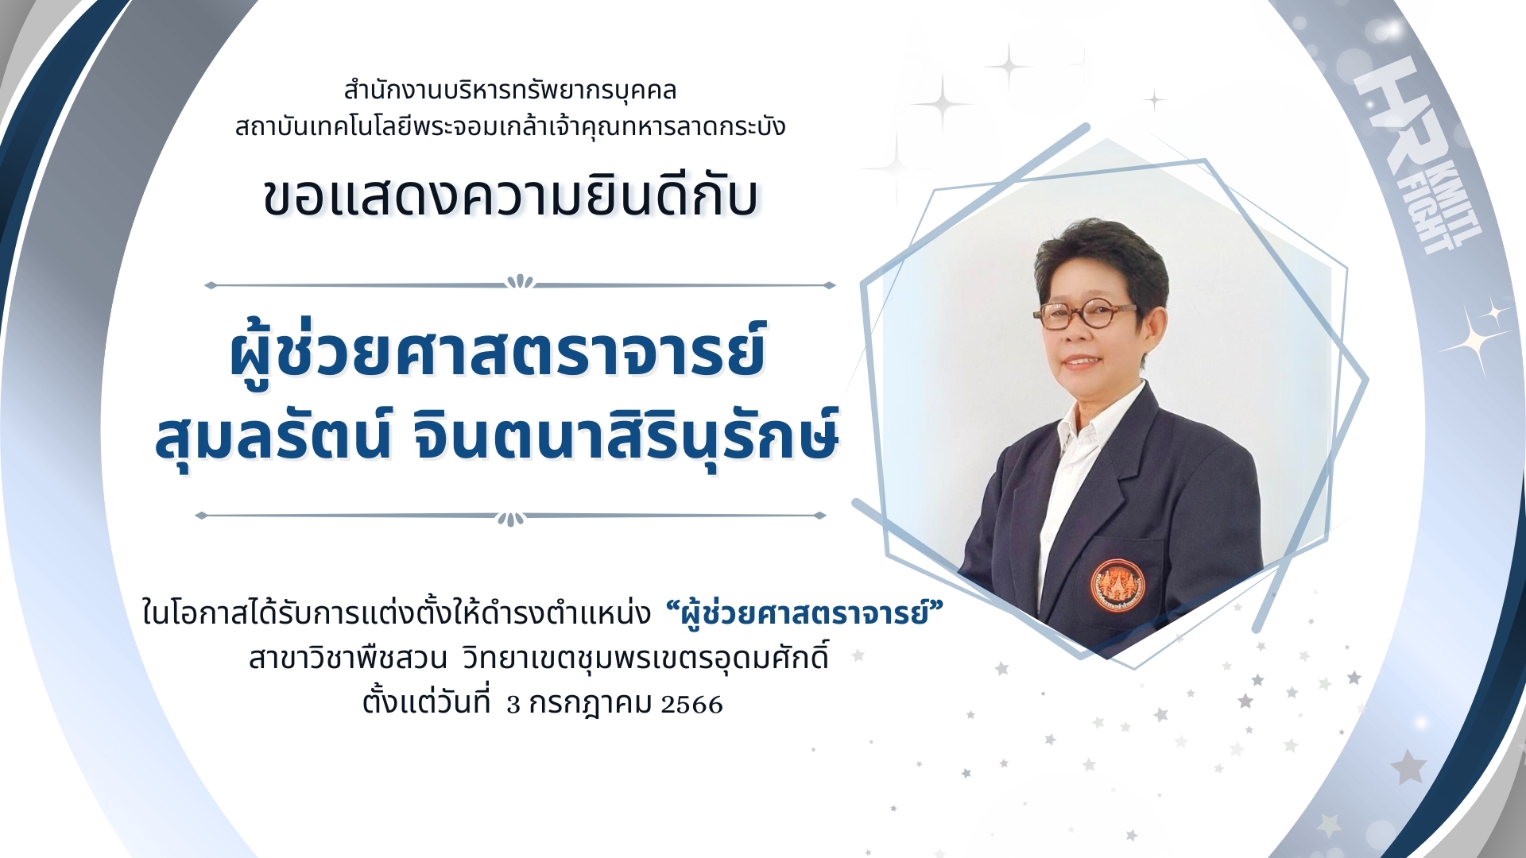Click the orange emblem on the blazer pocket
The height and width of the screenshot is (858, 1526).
pyautogui.click(x=1117, y=585)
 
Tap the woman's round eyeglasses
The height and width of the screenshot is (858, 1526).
pyautogui.click(x=1084, y=315)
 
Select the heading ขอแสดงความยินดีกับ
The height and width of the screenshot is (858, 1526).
pyautogui.click(x=510, y=196)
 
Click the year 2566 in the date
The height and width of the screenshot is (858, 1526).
pyautogui.click(x=691, y=705)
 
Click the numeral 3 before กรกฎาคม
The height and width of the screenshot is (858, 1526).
pyautogui.click(x=513, y=705)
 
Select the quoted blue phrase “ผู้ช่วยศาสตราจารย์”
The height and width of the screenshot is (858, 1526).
pyautogui.click(x=804, y=613)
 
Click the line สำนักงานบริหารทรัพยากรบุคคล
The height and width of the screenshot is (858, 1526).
pyautogui.click(x=509, y=91)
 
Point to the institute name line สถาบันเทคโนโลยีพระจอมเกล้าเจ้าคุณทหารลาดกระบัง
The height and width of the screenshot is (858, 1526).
pyautogui.click(x=509, y=126)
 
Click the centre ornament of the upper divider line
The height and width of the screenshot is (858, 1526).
pyautogui.click(x=520, y=281)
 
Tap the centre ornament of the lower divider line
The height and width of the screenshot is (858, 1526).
pyautogui.click(x=510, y=519)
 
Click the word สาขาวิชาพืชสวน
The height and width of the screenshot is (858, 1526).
pyautogui.click(x=348, y=659)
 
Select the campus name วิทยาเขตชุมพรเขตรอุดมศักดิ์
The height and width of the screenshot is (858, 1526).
pyautogui.click(x=645, y=659)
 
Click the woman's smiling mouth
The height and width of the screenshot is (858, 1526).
pyautogui.click(x=1081, y=361)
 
